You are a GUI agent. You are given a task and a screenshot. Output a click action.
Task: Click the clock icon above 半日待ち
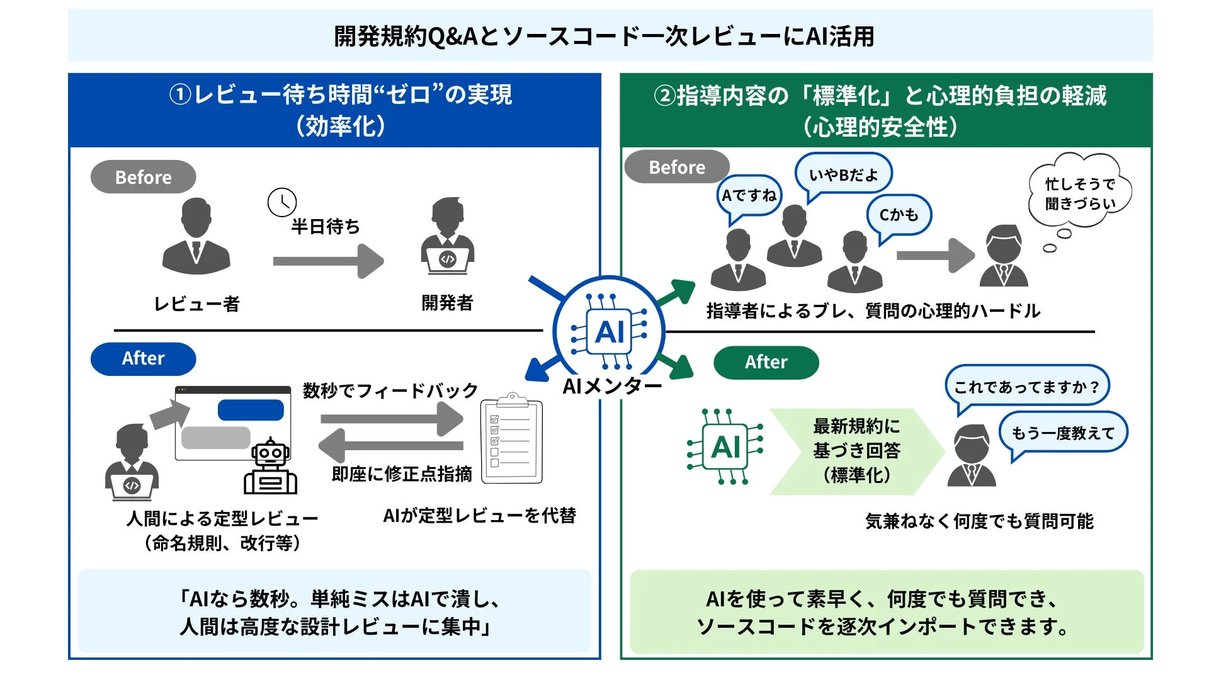coord(281,203)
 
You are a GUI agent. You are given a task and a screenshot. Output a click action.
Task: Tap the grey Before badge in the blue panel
coord(144,178)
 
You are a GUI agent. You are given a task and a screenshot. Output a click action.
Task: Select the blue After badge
coord(144,359)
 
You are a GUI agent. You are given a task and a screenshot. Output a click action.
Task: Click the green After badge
coord(766,363)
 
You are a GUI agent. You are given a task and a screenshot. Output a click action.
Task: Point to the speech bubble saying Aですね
coord(749,196)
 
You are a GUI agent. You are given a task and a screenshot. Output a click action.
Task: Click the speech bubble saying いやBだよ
coord(843,174)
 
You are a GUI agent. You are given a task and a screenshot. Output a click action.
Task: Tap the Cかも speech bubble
coord(899,215)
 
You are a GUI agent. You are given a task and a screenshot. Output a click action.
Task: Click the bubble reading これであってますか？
coord(1026,387)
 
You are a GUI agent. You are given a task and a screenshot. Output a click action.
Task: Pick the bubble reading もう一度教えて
coord(1063,433)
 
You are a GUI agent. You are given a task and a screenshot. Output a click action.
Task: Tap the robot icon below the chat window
coord(271,467)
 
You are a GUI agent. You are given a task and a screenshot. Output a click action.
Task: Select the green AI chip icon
coord(725,447)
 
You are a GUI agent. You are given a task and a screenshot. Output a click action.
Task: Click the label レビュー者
coord(197,304)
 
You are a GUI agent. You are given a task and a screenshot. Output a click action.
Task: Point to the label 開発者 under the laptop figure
coord(447,303)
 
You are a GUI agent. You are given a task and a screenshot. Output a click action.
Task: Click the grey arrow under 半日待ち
coord(328,261)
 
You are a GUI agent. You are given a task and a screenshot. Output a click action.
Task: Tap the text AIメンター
coord(611,386)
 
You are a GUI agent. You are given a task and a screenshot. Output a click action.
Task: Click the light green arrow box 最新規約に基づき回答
coord(856,451)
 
